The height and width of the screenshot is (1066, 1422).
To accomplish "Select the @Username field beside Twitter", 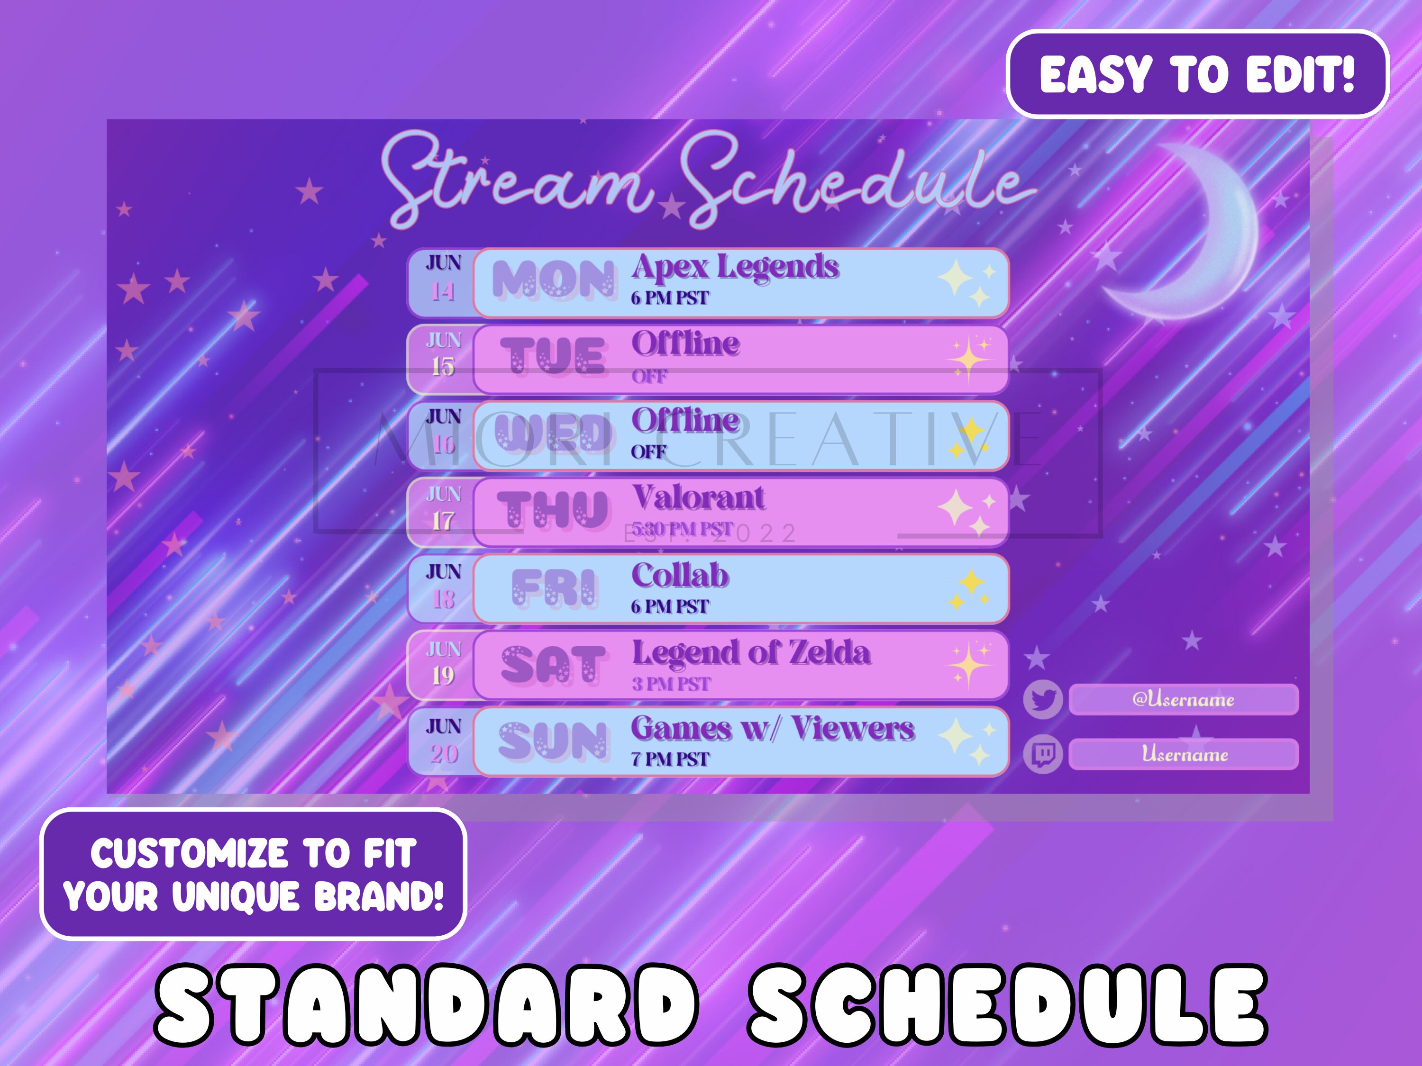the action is pos(1183,699).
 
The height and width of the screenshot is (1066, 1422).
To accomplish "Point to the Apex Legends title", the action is pos(735,267).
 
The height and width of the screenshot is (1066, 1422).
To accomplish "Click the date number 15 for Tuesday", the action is pos(442,367).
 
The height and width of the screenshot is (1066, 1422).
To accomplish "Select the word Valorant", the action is pos(698,497).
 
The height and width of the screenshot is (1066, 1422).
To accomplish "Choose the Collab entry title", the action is pos(680,575).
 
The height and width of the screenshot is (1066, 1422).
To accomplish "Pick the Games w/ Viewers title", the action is pos(771,729).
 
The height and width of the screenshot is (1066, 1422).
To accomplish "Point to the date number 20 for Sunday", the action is pos(444,754).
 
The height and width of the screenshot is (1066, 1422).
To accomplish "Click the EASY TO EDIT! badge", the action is pos(1197,74).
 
